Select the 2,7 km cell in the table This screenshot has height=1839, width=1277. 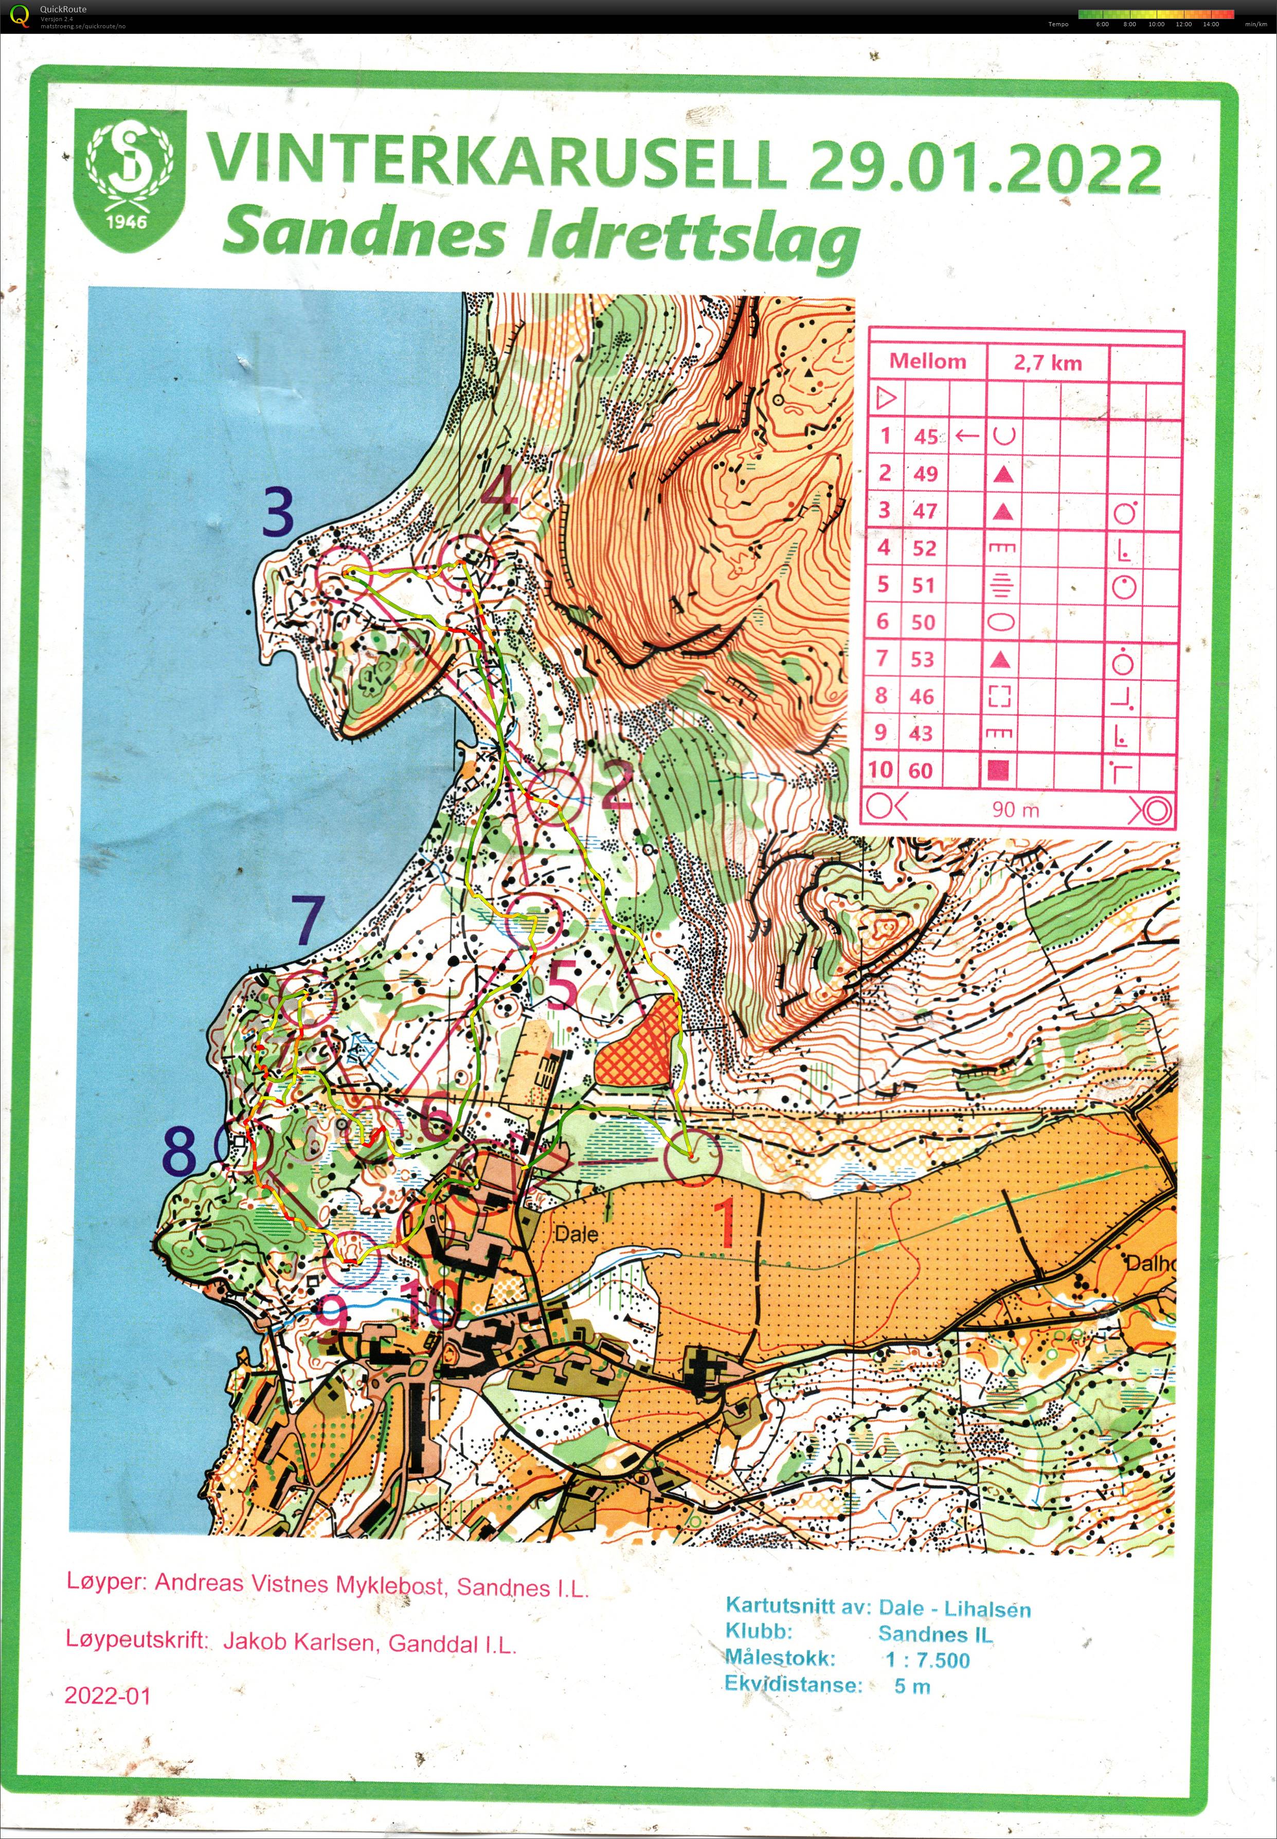[x=1047, y=363]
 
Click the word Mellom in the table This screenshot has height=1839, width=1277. [x=927, y=362]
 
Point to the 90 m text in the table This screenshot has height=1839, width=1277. [x=1015, y=809]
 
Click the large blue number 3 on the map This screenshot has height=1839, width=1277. [x=278, y=514]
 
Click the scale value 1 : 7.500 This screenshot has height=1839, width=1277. [x=927, y=1660]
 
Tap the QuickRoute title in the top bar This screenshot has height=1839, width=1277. [x=63, y=9]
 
